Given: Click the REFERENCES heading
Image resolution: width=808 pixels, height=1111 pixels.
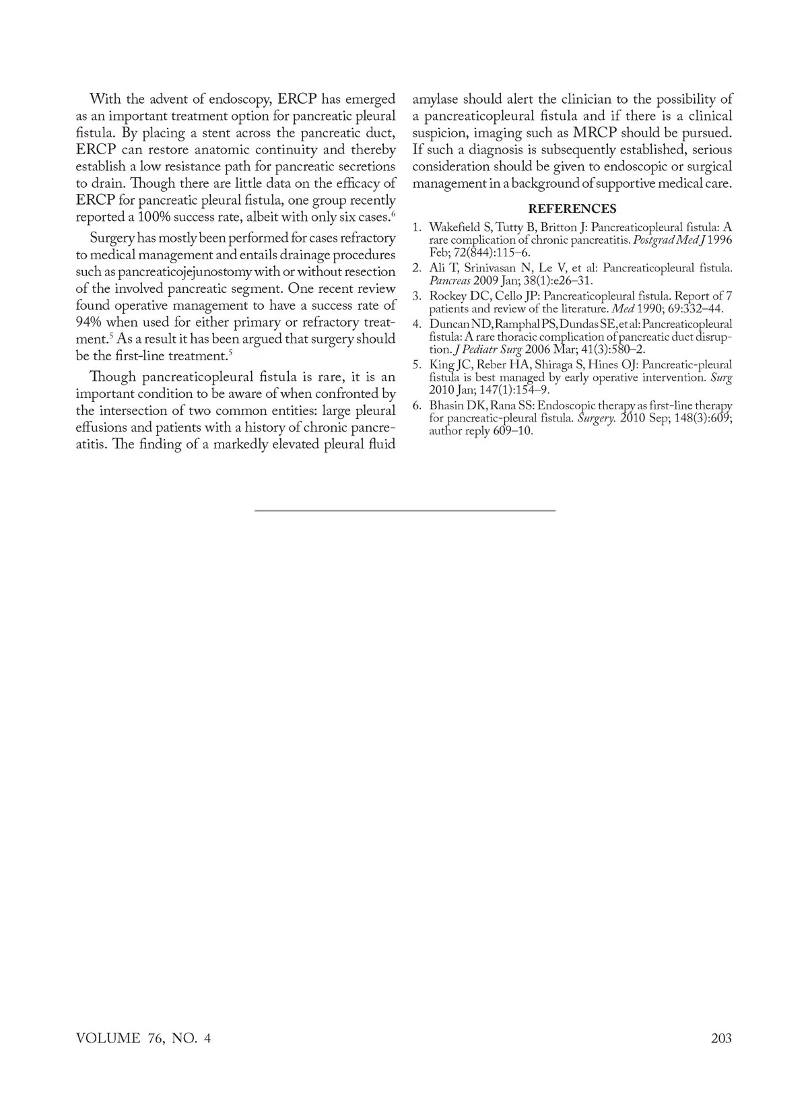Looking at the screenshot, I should tap(572, 209).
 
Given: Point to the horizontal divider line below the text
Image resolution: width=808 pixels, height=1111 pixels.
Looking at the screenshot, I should tap(405, 511).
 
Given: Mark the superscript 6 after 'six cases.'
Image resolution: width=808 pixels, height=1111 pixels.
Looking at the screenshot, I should tap(393, 213).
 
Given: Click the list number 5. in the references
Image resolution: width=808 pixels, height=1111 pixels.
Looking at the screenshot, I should tap(417, 365).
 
